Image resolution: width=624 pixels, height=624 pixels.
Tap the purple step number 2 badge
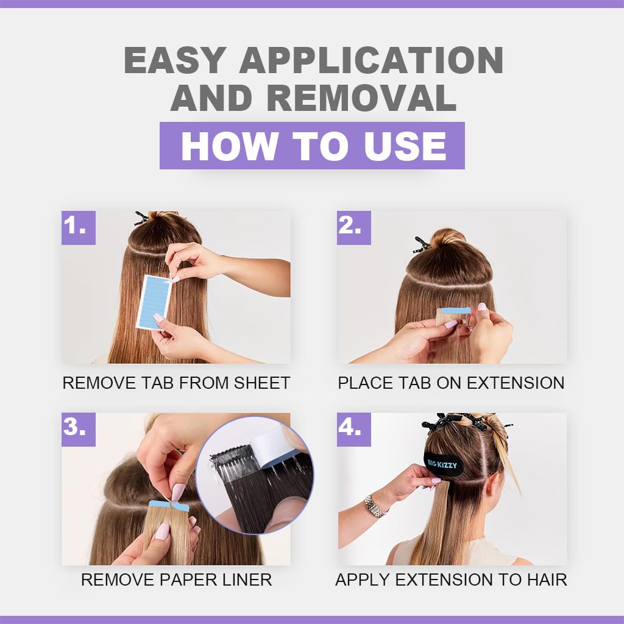pyautogui.click(x=353, y=227)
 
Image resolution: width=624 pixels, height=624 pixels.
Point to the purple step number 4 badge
pyautogui.click(x=353, y=429)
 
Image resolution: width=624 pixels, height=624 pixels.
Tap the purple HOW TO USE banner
pyautogui.click(x=312, y=146)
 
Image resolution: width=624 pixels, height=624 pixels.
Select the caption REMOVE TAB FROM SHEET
pyautogui.click(x=176, y=383)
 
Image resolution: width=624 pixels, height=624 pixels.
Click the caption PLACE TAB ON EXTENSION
pyautogui.click(x=451, y=383)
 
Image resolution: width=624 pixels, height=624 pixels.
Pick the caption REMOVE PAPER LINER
pyautogui.click(x=176, y=580)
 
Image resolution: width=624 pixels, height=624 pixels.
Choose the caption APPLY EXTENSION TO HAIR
pyautogui.click(x=451, y=580)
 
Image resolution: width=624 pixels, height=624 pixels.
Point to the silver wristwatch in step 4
pyautogui.click(x=375, y=506)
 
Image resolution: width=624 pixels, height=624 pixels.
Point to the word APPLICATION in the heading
pyautogui.click(x=370, y=60)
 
